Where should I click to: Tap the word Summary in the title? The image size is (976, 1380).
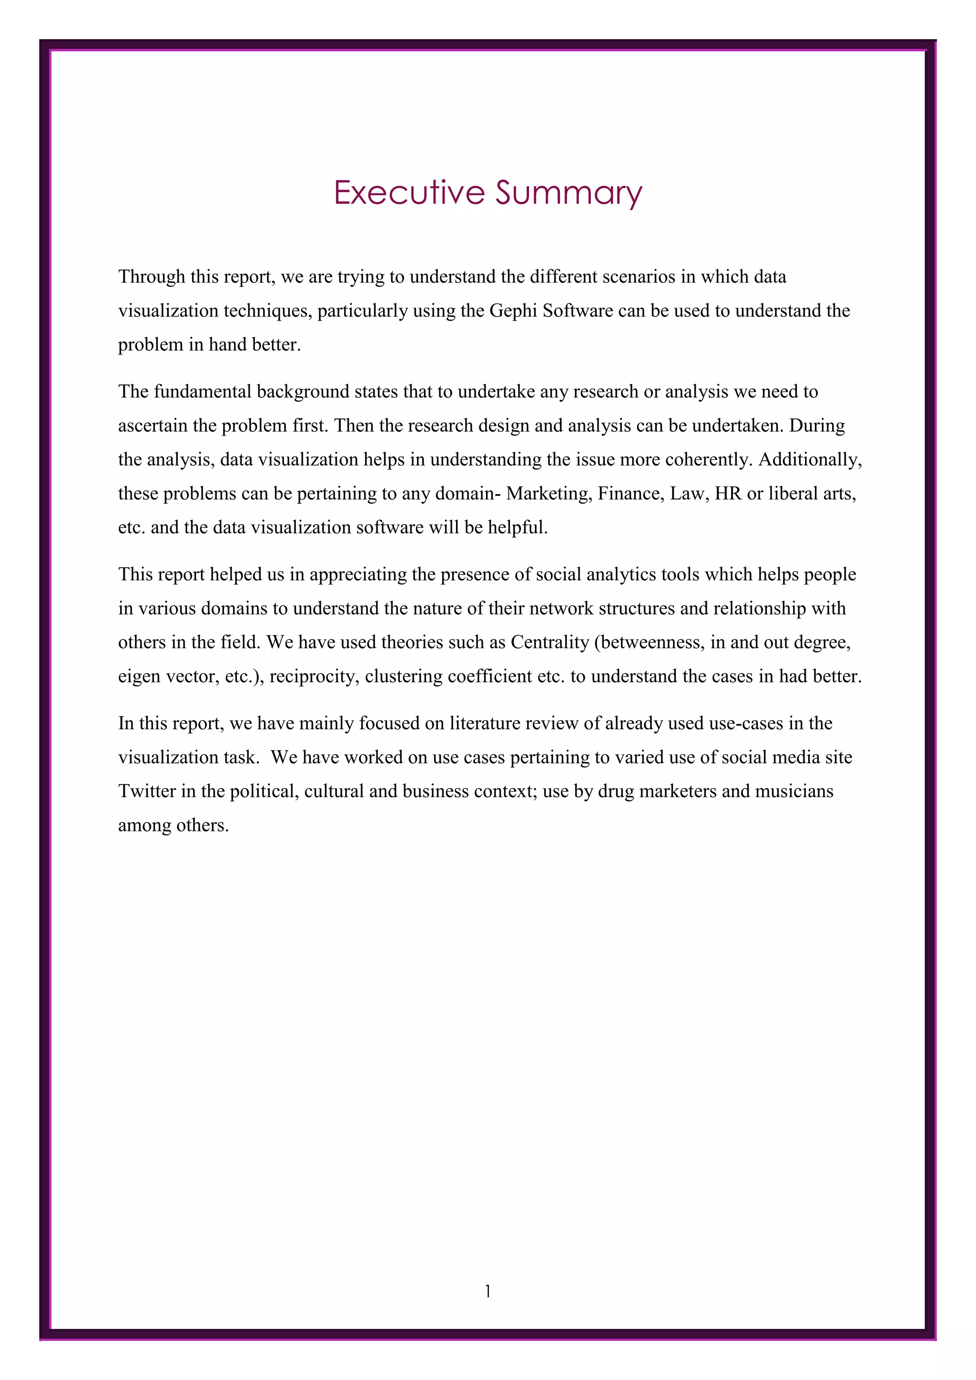point(569,193)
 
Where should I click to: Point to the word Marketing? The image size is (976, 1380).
point(550,494)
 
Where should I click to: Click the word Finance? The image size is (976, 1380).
point(630,494)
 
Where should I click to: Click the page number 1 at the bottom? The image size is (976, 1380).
point(488,1291)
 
